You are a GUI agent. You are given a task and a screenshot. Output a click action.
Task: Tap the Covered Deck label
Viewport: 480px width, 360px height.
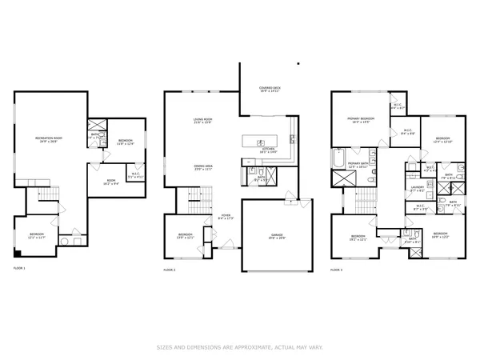coord(269,89)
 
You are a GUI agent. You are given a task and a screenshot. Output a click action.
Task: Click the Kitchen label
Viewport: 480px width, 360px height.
coord(269,150)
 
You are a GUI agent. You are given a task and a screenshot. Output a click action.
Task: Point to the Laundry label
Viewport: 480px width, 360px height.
coord(417,189)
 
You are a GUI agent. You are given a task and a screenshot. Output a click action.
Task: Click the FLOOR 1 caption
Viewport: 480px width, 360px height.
coord(19,269)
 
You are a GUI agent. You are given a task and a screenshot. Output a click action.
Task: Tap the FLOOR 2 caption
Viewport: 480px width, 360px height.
coord(170,270)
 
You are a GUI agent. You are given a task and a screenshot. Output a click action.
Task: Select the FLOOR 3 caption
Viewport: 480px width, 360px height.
coord(338,270)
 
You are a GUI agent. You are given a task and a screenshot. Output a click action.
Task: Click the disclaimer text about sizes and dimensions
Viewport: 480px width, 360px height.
coord(239,346)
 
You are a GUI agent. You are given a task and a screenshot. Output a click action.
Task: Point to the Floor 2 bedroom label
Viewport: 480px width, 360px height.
coord(186,236)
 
